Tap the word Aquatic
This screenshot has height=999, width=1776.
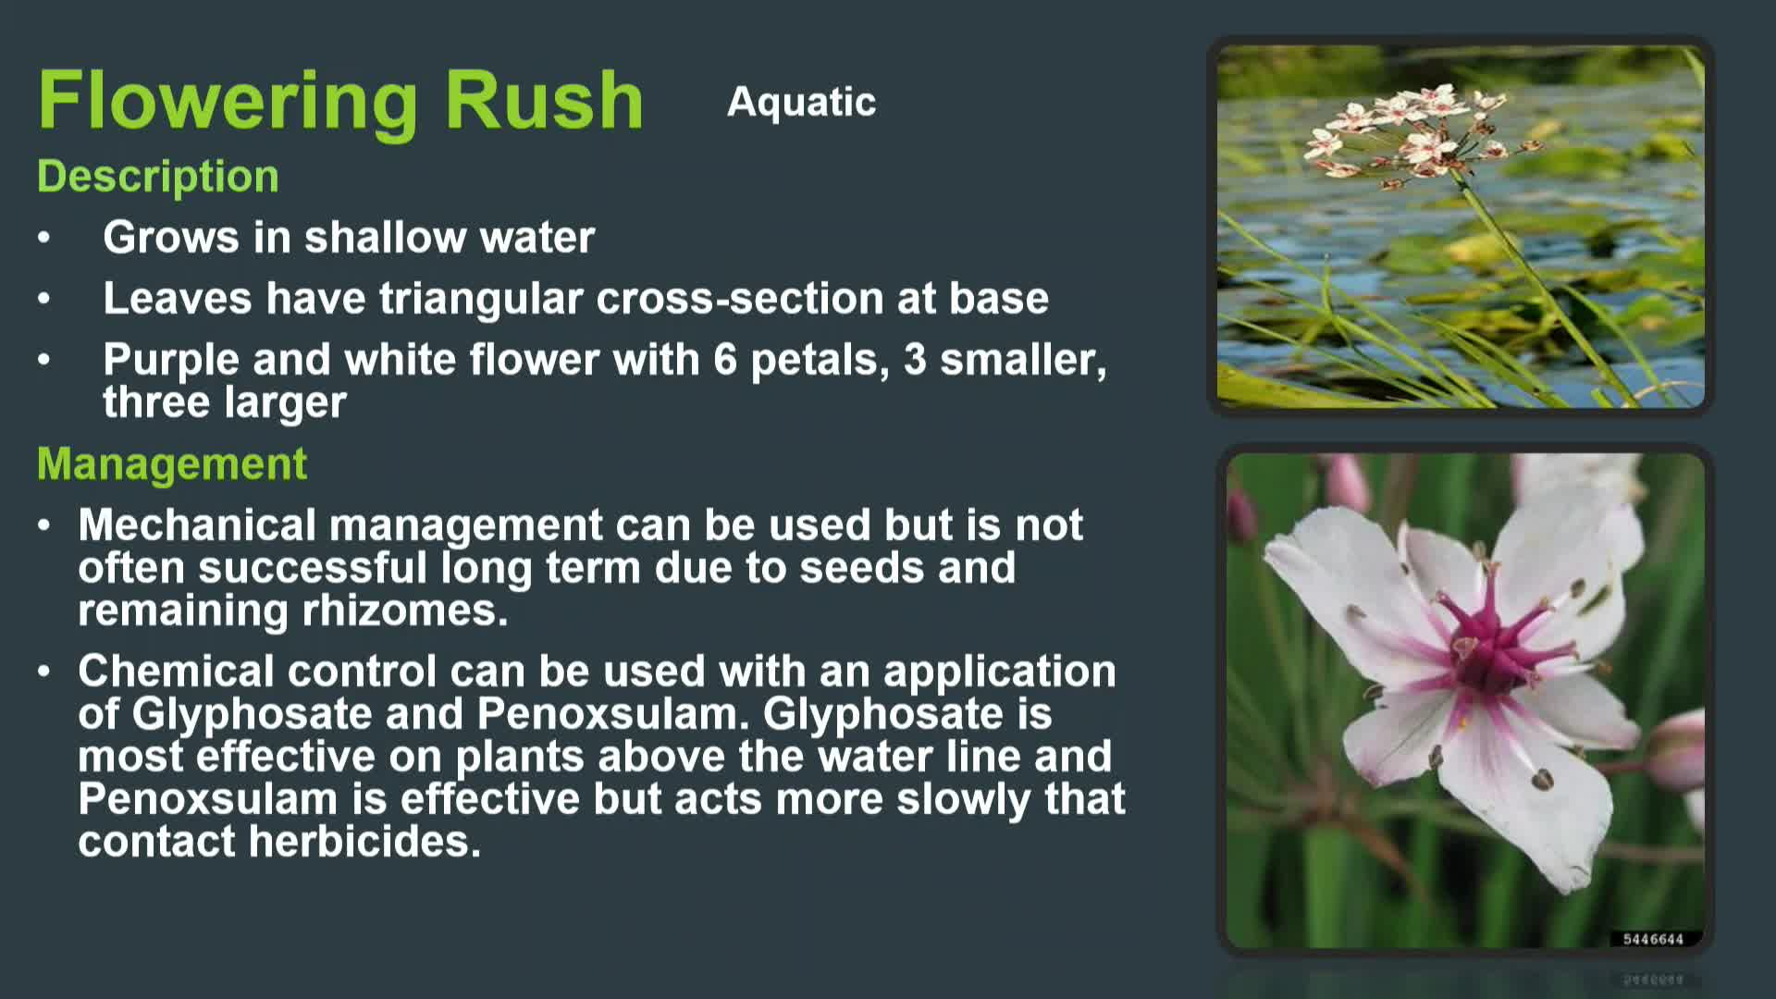point(801,103)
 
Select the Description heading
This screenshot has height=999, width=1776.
point(158,177)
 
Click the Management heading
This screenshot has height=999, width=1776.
point(172,463)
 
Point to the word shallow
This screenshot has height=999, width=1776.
point(386,237)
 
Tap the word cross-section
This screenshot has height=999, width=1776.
point(740,298)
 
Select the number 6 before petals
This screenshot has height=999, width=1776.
point(725,359)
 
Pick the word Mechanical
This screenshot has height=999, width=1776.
point(197,524)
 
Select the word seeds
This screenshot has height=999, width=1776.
point(861,568)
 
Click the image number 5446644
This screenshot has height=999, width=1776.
point(1653,939)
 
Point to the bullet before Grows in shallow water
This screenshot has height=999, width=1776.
point(44,238)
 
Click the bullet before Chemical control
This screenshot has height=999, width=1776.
point(44,672)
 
